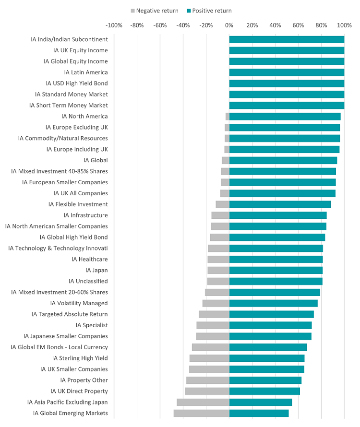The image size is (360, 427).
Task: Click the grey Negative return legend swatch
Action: click(x=132, y=11)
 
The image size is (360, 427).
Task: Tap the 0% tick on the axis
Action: click(x=229, y=25)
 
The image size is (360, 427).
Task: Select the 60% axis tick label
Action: click(x=298, y=25)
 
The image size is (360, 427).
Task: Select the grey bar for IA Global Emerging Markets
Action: click(x=201, y=413)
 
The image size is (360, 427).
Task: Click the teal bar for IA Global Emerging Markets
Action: click(x=259, y=413)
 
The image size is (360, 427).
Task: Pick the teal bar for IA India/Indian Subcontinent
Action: click(x=287, y=39)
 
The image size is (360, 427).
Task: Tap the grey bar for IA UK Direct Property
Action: click(x=207, y=391)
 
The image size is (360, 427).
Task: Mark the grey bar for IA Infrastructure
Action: click(x=220, y=215)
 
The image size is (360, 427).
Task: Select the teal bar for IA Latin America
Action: click(x=287, y=72)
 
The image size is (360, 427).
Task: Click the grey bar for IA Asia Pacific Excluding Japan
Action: click(x=203, y=402)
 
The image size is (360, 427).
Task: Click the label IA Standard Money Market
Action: click(x=72, y=94)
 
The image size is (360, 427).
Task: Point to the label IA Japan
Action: click(x=96, y=270)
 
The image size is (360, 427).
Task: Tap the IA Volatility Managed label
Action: click(x=79, y=303)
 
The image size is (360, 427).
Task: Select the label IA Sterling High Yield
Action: click(x=80, y=358)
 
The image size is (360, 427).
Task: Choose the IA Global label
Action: click(x=96, y=160)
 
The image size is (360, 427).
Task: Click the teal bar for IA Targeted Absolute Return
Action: click(x=271, y=314)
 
